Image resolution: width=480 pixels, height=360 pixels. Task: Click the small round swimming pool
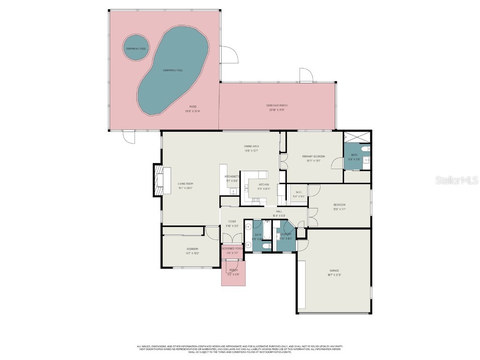click(x=135, y=48)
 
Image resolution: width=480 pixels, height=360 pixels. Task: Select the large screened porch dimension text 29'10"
click(x=277, y=110)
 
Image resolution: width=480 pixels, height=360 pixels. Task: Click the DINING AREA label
click(x=251, y=146)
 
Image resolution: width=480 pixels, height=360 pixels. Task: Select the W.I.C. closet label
click(x=299, y=192)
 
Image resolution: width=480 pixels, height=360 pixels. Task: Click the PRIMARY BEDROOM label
click(x=313, y=156)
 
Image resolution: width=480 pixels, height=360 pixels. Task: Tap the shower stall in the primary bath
click(x=357, y=137)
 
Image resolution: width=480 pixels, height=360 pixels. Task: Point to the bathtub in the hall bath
click(x=266, y=230)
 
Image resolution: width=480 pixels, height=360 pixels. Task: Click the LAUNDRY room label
click(x=286, y=234)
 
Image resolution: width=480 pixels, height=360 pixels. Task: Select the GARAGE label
click(x=334, y=270)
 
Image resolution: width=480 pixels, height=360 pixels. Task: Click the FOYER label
click(x=232, y=221)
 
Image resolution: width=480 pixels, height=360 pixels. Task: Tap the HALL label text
click(x=279, y=211)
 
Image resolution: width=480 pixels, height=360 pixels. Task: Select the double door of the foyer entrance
click(x=232, y=239)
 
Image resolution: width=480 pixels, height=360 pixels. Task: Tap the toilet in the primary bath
click(x=367, y=150)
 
